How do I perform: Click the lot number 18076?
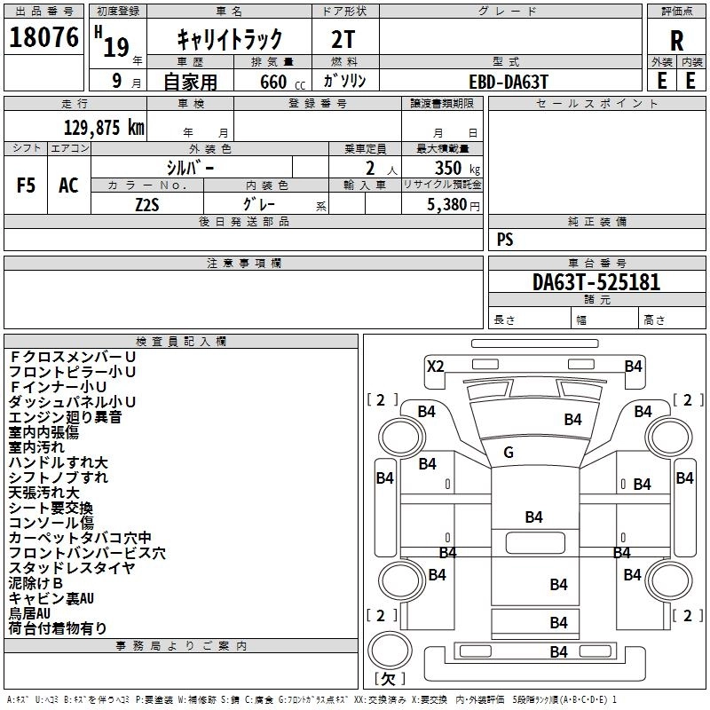tap(43, 38)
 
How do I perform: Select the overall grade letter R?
tap(677, 40)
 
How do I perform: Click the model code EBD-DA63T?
tap(509, 81)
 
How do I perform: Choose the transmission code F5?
tap(27, 185)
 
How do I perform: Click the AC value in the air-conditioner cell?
tap(68, 185)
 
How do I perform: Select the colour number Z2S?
tap(146, 204)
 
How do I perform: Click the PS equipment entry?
tap(505, 240)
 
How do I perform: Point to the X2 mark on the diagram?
tap(435, 366)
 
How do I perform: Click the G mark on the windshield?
tap(509, 453)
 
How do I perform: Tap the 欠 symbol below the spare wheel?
tap(388, 679)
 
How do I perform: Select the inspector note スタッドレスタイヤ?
tap(59, 568)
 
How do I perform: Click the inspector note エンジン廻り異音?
tap(65, 417)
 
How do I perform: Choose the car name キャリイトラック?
tap(230, 38)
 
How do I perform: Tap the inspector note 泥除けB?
tap(35, 583)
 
